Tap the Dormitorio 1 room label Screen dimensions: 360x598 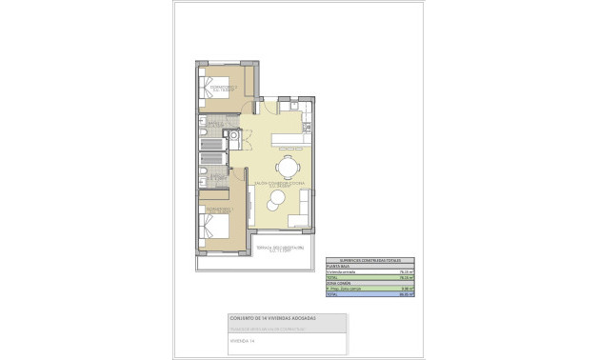pos(219,210)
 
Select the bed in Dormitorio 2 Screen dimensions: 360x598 pos(214,96)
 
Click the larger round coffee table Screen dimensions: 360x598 pos(275,199)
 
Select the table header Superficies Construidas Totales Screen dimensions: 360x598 pos(363,259)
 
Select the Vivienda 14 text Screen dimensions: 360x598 pos(244,338)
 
